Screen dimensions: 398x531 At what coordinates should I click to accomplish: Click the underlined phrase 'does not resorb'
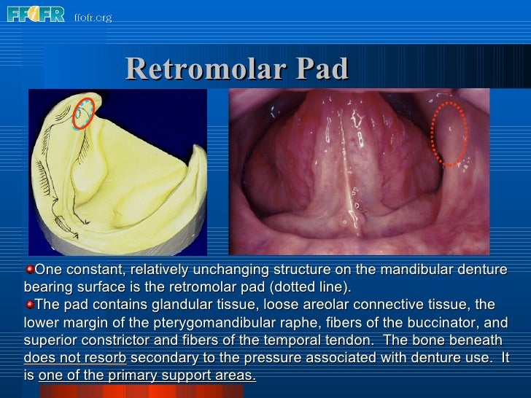coord(75,358)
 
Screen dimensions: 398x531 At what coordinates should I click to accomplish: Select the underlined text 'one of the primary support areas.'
coord(147,375)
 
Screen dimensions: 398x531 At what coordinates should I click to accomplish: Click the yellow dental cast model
coord(117,182)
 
